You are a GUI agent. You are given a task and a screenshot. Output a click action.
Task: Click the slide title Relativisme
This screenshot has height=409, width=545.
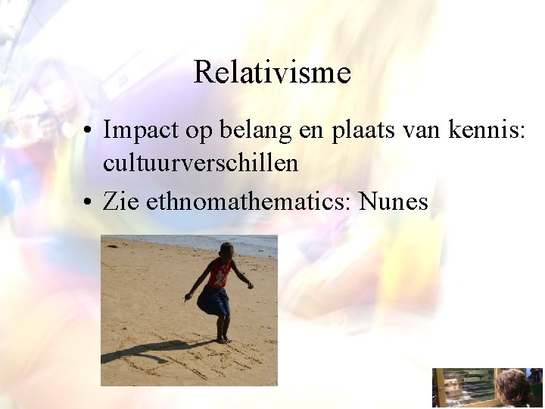click(x=272, y=73)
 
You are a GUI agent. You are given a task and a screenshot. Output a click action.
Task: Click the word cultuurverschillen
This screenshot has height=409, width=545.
click(x=200, y=163)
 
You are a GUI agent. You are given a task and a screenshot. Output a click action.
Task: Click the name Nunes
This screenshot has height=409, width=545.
click(x=394, y=201)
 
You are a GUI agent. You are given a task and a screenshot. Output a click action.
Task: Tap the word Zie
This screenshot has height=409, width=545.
click(x=121, y=201)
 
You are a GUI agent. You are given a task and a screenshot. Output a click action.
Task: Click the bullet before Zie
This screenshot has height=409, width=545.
click(x=89, y=202)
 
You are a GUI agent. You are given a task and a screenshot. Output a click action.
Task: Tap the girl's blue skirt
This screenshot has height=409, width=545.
click(x=214, y=301)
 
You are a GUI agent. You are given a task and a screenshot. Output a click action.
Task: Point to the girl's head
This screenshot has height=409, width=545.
click(x=226, y=250)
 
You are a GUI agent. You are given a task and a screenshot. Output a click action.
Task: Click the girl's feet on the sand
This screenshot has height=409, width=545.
click(x=223, y=339)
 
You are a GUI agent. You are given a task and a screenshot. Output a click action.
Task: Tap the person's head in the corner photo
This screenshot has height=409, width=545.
click(x=513, y=386)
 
